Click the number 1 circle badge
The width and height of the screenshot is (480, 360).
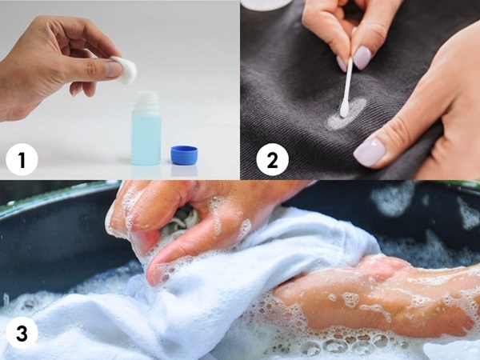coord(22,160)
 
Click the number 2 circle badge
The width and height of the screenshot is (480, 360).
coord(273,160)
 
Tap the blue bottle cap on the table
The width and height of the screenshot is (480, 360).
coord(184,154)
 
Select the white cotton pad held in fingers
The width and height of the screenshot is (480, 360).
coord(125,70)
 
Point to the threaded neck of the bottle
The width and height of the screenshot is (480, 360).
coord(146,101)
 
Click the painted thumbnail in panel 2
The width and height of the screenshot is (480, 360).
coord(370,151)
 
